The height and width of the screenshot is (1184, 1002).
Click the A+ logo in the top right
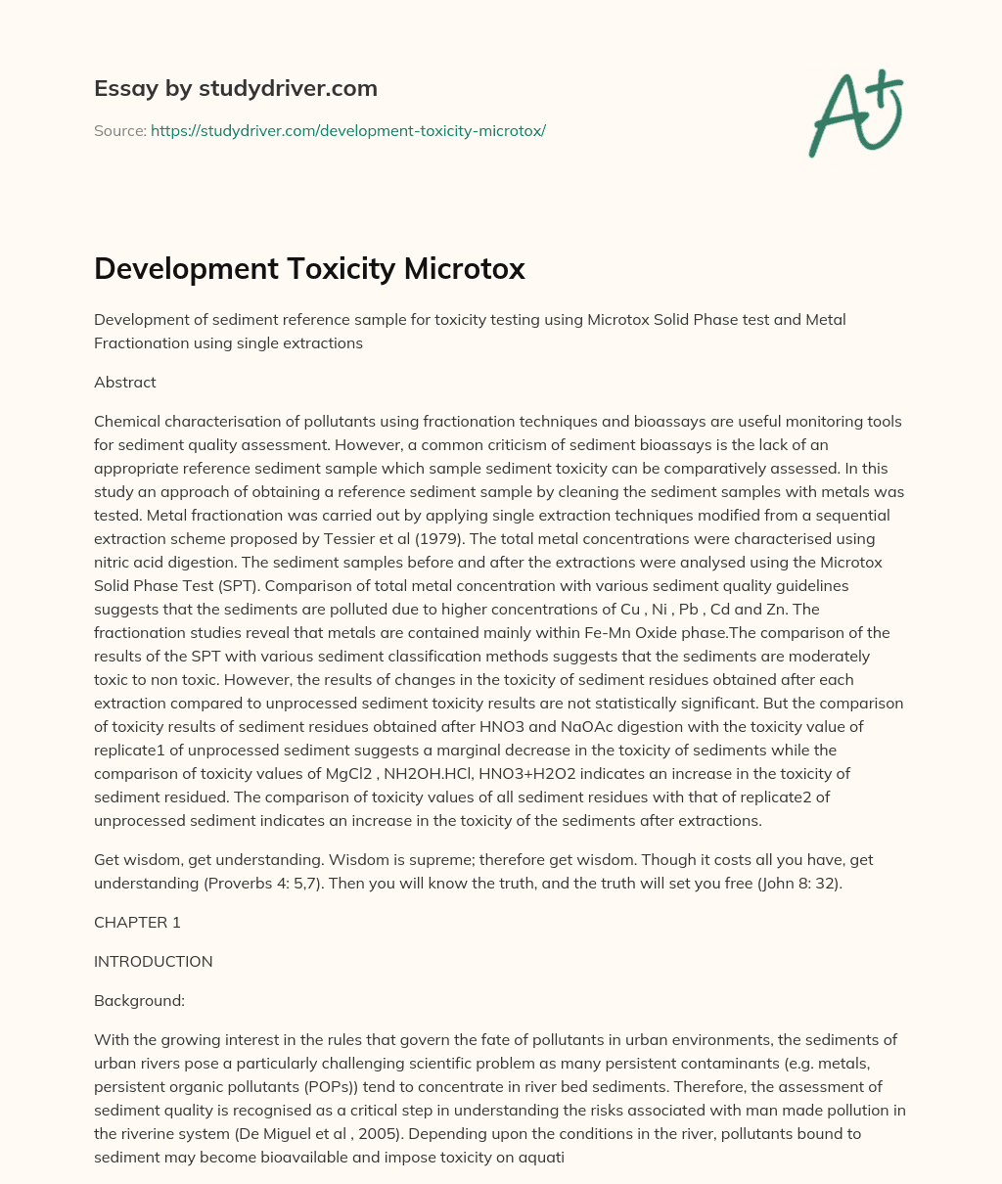point(855,114)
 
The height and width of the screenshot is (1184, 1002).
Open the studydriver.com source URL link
point(347,130)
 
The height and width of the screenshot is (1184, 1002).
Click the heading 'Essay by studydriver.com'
point(236,88)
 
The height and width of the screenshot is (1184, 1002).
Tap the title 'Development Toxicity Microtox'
point(309,269)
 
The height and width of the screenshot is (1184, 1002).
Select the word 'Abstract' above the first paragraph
point(125,383)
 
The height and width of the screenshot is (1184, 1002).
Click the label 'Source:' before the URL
point(119,130)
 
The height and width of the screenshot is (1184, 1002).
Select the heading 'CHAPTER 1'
point(137,922)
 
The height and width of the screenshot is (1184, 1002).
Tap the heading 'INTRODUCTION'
point(153,961)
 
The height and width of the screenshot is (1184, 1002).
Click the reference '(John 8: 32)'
point(783,883)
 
